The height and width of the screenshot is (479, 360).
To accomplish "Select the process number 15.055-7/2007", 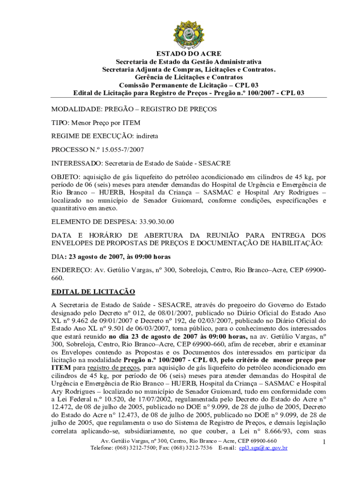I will coord(119,150).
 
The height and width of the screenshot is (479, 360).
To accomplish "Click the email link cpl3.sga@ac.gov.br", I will coord(263,448).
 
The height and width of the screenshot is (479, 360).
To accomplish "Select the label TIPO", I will coord(59,123).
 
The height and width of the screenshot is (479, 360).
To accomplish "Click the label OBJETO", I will coord(65,177).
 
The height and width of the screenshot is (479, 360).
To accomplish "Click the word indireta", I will coord(147,136).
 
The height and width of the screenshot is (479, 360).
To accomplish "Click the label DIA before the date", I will coord(57,257).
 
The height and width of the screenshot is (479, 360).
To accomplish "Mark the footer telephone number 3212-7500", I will coord(142,448).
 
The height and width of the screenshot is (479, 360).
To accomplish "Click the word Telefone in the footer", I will coord(103,448).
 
